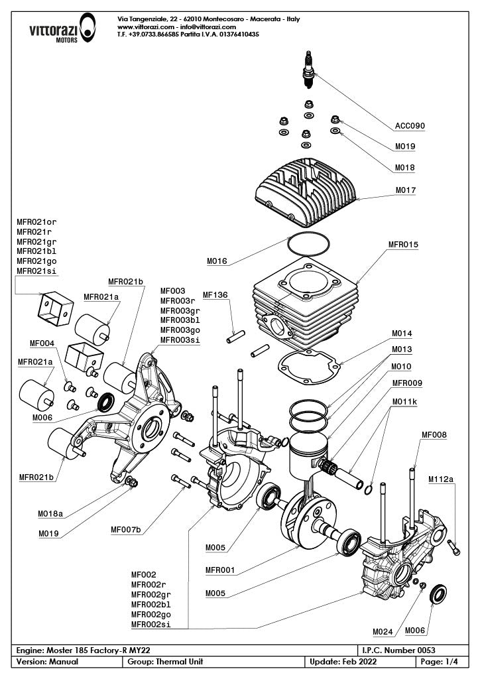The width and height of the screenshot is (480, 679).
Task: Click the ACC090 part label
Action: pyautogui.click(x=410, y=125)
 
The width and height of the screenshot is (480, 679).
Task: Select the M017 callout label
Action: pyautogui.click(x=405, y=190)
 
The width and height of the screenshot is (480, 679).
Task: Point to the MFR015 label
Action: pyautogui.click(x=403, y=245)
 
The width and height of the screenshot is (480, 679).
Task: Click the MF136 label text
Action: pyautogui.click(x=215, y=294)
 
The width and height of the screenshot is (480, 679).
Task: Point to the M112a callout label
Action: pyautogui.click(x=442, y=478)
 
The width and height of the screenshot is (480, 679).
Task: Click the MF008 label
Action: pyautogui.click(x=434, y=435)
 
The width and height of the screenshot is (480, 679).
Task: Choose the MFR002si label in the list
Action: pyautogui.click(x=150, y=624)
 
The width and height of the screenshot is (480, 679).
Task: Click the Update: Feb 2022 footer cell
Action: pyautogui.click(x=337, y=662)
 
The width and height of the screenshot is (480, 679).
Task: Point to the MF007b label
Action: pyautogui.click(x=126, y=529)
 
